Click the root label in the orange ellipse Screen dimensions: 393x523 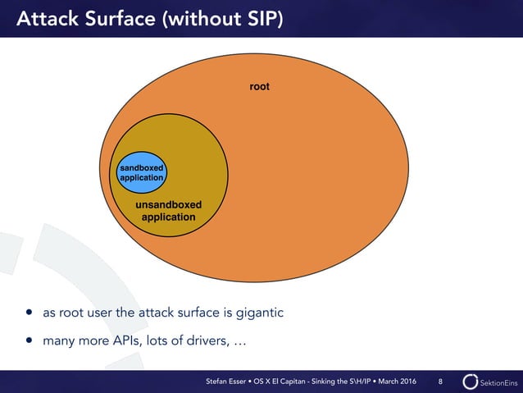click(260, 87)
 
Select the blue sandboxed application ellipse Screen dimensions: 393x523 click(142, 171)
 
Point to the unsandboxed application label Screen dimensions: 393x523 click(168, 211)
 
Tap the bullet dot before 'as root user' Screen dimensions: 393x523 click(30, 313)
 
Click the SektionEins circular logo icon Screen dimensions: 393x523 click(470, 382)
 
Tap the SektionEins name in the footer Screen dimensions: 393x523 click(498, 382)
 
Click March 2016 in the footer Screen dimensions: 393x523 click(400, 382)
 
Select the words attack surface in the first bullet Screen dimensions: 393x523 click(168, 313)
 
